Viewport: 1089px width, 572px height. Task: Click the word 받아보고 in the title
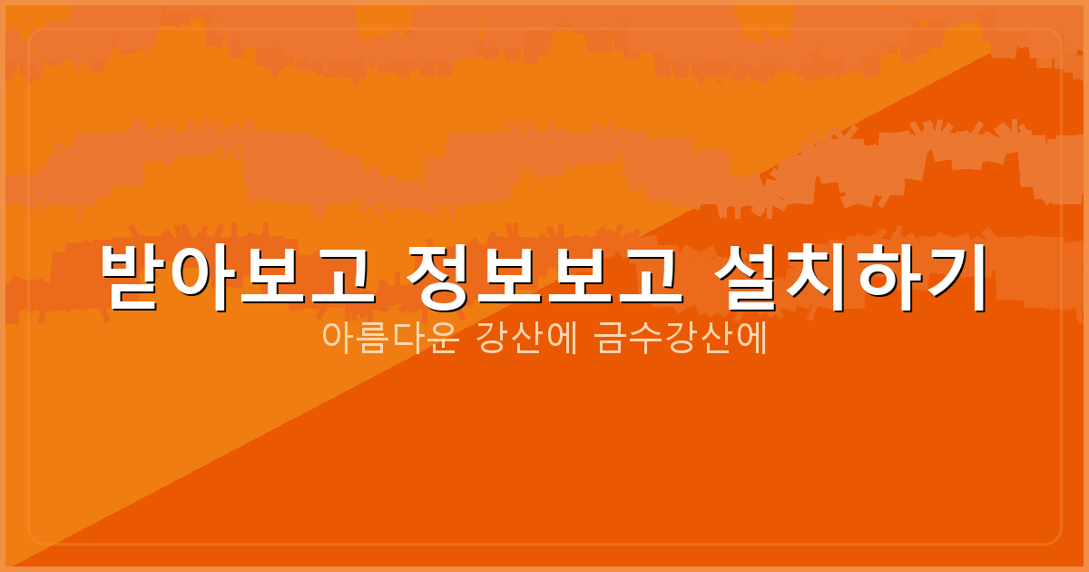[236, 278]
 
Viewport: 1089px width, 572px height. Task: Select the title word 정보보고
[544, 278]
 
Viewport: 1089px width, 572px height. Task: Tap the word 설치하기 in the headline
[850, 278]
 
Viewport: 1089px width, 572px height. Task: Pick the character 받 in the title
[133, 278]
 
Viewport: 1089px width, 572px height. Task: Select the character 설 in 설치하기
[748, 278]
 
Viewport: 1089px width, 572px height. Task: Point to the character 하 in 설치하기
[885, 278]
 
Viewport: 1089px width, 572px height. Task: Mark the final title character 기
[953, 278]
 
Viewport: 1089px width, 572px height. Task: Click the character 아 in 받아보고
[202, 278]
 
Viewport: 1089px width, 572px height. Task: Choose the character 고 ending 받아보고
[339, 278]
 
